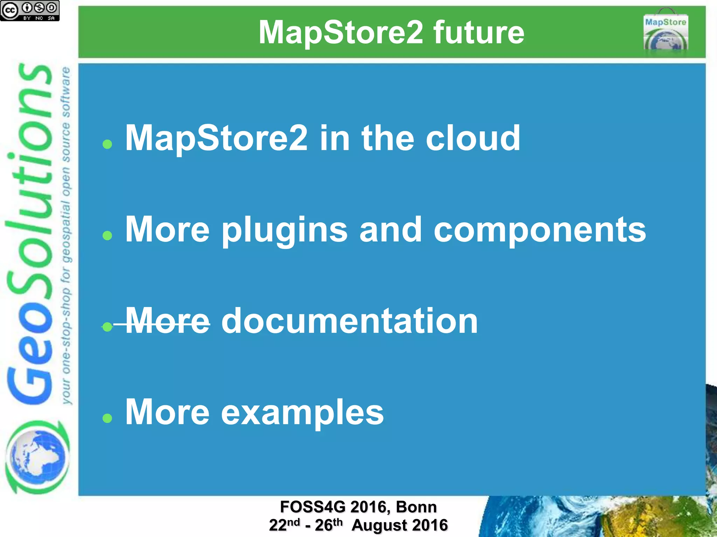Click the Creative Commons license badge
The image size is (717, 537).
tap(30, 10)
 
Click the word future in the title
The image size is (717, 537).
tap(479, 33)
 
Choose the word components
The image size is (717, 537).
tap(540, 230)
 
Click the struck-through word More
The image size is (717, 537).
tap(167, 321)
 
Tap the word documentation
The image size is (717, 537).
tap(349, 321)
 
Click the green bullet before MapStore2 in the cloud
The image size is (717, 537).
tap(107, 144)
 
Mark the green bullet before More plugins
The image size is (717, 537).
tap(107, 236)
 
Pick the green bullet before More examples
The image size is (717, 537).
tap(107, 418)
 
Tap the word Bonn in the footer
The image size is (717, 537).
tap(416, 507)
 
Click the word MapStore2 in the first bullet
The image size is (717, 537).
tap(216, 138)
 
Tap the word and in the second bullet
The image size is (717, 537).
tap(390, 230)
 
